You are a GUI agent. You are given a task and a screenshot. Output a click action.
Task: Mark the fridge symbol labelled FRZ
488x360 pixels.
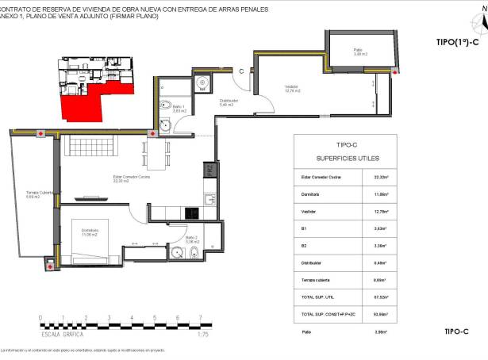click(x=210, y=170)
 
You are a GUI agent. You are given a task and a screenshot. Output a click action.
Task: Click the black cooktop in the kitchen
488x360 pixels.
click(x=192, y=213)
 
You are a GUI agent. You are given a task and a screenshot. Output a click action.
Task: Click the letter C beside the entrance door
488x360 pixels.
click(x=241, y=71)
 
